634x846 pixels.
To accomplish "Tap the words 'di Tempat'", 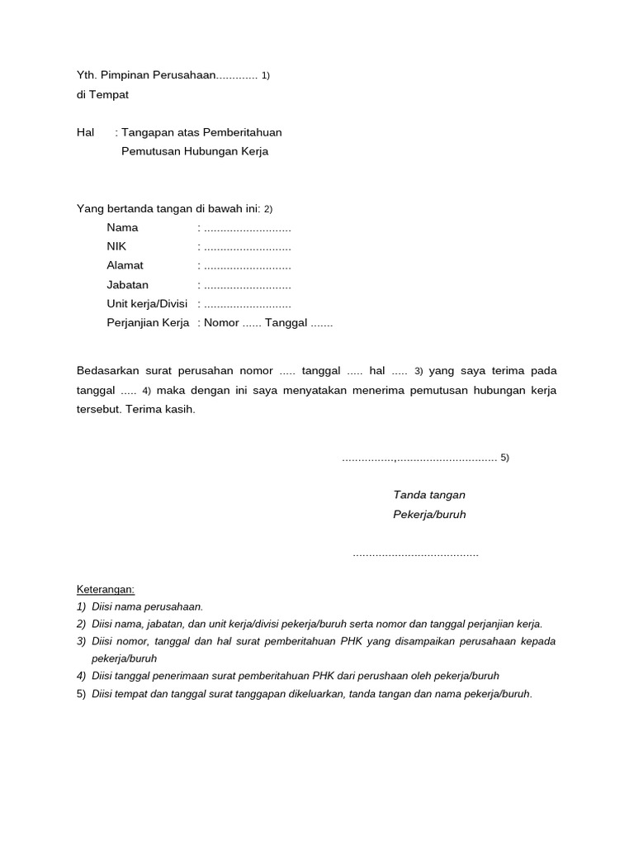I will coord(102,94).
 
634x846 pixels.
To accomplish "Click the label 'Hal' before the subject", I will coord(86,132).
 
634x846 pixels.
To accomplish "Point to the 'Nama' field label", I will coord(122,227).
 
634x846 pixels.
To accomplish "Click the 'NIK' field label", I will coord(116,246).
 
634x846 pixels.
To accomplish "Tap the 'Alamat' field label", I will coord(125,265).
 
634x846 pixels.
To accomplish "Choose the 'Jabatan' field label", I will coord(127,285).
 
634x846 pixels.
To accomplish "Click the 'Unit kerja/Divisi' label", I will coord(147,304).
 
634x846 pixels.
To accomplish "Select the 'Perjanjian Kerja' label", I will coord(148,323).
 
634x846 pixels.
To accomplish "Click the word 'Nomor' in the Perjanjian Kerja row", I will coord(221,323).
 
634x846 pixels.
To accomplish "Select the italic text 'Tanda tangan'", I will coord(429,495).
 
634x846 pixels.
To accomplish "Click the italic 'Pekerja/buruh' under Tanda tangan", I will coord(429,514).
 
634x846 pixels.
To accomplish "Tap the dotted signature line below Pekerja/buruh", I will coord(415,554).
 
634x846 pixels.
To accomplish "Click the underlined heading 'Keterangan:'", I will coord(106,590).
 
